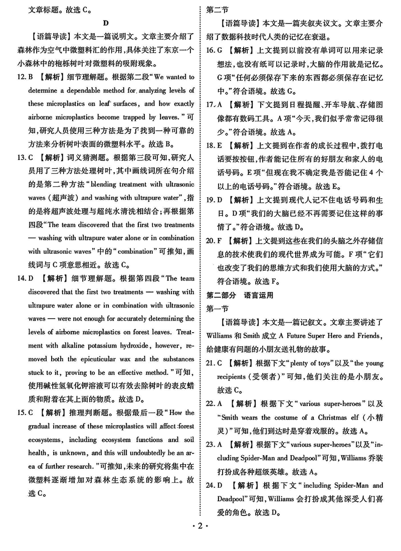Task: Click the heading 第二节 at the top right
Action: pos(217,10)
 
